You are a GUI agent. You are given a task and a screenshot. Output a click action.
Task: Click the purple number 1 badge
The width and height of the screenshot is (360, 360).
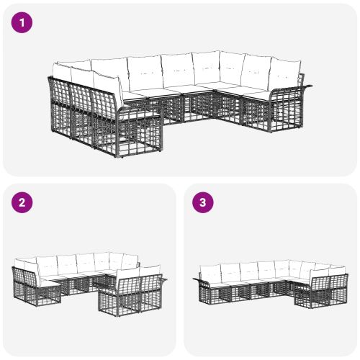coord(22,22)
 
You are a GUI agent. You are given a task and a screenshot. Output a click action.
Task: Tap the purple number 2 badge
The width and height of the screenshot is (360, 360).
coord(22,202)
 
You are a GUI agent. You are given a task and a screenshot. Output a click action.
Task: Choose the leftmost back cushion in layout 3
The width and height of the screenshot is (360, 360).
coord(210,273)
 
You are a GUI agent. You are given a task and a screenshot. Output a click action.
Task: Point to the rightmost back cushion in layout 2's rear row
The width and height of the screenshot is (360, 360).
coord(130,261)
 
